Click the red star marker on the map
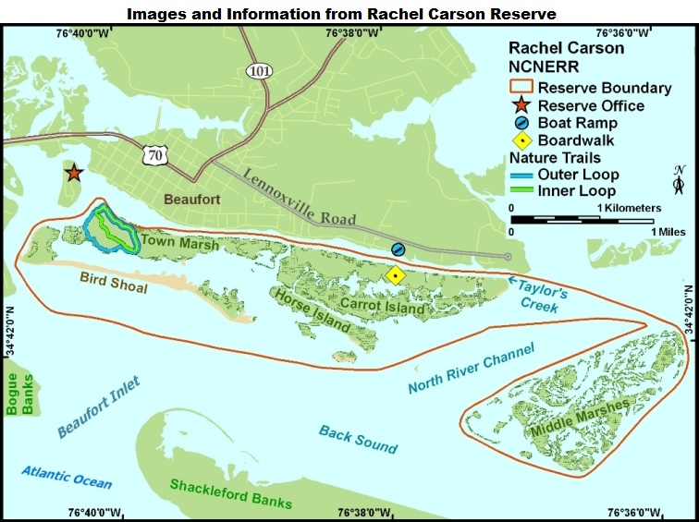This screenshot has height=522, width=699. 73,173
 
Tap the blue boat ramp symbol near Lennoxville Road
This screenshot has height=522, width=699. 398,249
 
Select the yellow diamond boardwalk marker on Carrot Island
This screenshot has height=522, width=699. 396,274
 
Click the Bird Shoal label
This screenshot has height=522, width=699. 115,278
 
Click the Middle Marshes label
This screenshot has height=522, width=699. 580,419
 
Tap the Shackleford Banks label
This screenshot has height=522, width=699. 230,494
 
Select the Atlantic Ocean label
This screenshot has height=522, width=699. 67,477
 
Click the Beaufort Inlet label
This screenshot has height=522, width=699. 98,407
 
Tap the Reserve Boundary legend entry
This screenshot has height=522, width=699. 590,88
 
